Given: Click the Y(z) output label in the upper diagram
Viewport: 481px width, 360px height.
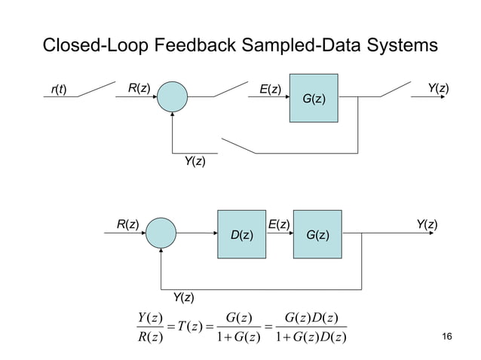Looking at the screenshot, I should point(438,89).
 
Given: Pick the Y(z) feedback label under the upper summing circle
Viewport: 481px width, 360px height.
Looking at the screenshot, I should point(195,161).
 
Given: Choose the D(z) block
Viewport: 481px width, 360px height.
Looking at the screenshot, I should point(241,233).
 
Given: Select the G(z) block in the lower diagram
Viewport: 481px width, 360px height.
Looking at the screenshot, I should point(317,233).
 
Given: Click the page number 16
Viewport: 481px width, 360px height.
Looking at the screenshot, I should point(449,336).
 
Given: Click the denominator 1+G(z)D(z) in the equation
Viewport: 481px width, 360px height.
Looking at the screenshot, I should point(311,335).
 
